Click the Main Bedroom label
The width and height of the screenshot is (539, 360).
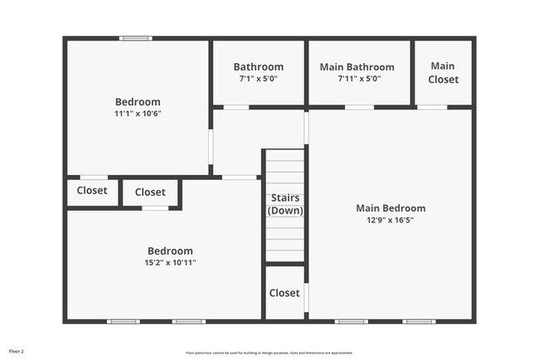pos(391,208)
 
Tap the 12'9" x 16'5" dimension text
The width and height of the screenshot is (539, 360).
pos(391,221)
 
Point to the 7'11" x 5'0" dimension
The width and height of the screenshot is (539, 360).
pos(358,79)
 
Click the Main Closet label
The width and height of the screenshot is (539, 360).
pos(443,73)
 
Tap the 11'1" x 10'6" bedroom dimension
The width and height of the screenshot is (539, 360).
pos(138,114)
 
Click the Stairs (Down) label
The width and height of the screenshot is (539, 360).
pos(284,204)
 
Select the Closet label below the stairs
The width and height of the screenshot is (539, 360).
pos(284,293)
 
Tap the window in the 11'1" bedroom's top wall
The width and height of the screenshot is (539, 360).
pos(135,38)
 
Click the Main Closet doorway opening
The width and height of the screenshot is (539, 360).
pos(432,107)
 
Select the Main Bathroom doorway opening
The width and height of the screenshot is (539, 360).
pos(359,107)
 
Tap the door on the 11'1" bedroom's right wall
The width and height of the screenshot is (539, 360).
pos(211,146)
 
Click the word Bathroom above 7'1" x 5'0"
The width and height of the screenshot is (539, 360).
pos(258,67)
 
